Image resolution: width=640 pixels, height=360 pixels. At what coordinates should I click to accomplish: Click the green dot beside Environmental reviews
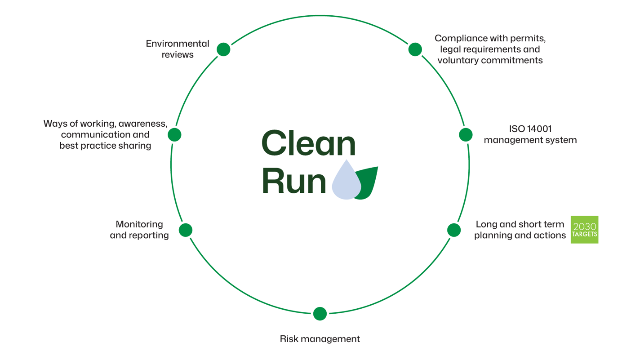(x=223, y=49)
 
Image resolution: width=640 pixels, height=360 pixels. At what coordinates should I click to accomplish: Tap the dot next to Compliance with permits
(x=415, y=49)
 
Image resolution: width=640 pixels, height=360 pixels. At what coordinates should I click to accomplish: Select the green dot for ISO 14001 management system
(x=466, y=134)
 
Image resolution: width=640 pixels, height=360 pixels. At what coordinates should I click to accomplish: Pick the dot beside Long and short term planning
(x=454, y=230)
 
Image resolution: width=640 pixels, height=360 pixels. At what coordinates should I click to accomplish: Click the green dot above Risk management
(x=320, y=313)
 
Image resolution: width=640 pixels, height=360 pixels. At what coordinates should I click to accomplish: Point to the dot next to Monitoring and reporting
(x=186, y=230)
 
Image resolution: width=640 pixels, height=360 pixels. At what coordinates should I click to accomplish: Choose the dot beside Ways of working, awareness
(x=174, y=134)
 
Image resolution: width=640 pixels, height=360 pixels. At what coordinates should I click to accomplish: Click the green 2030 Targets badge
(x=584, y=230)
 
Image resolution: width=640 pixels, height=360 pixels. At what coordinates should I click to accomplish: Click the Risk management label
(x=320, y=339)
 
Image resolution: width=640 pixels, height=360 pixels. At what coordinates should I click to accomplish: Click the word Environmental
(x=178, y=44)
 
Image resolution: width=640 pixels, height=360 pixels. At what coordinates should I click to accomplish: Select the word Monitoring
(x=139, y=224)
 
